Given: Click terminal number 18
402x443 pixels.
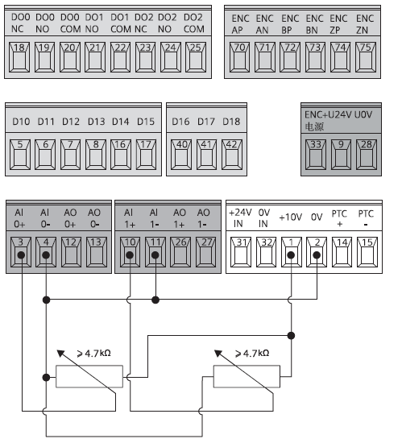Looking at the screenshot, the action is [x=19, y=57].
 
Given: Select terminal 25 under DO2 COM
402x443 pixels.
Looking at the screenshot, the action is [x=196, y=57].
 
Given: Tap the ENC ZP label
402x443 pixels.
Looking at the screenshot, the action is [x=338, y=24].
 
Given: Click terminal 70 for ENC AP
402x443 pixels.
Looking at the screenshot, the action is [x=239, y=57].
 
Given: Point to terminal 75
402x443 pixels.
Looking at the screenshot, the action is [x=366, y=57].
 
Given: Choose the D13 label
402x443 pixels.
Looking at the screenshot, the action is [x=97, y=122].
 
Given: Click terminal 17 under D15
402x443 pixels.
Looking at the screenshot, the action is [x=146, y=155].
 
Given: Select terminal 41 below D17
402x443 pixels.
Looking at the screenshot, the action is [x=206, y=155].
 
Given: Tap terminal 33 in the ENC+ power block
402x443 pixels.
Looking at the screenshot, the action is [x=316, y=155].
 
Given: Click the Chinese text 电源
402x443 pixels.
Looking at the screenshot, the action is [x=314, y=126].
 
